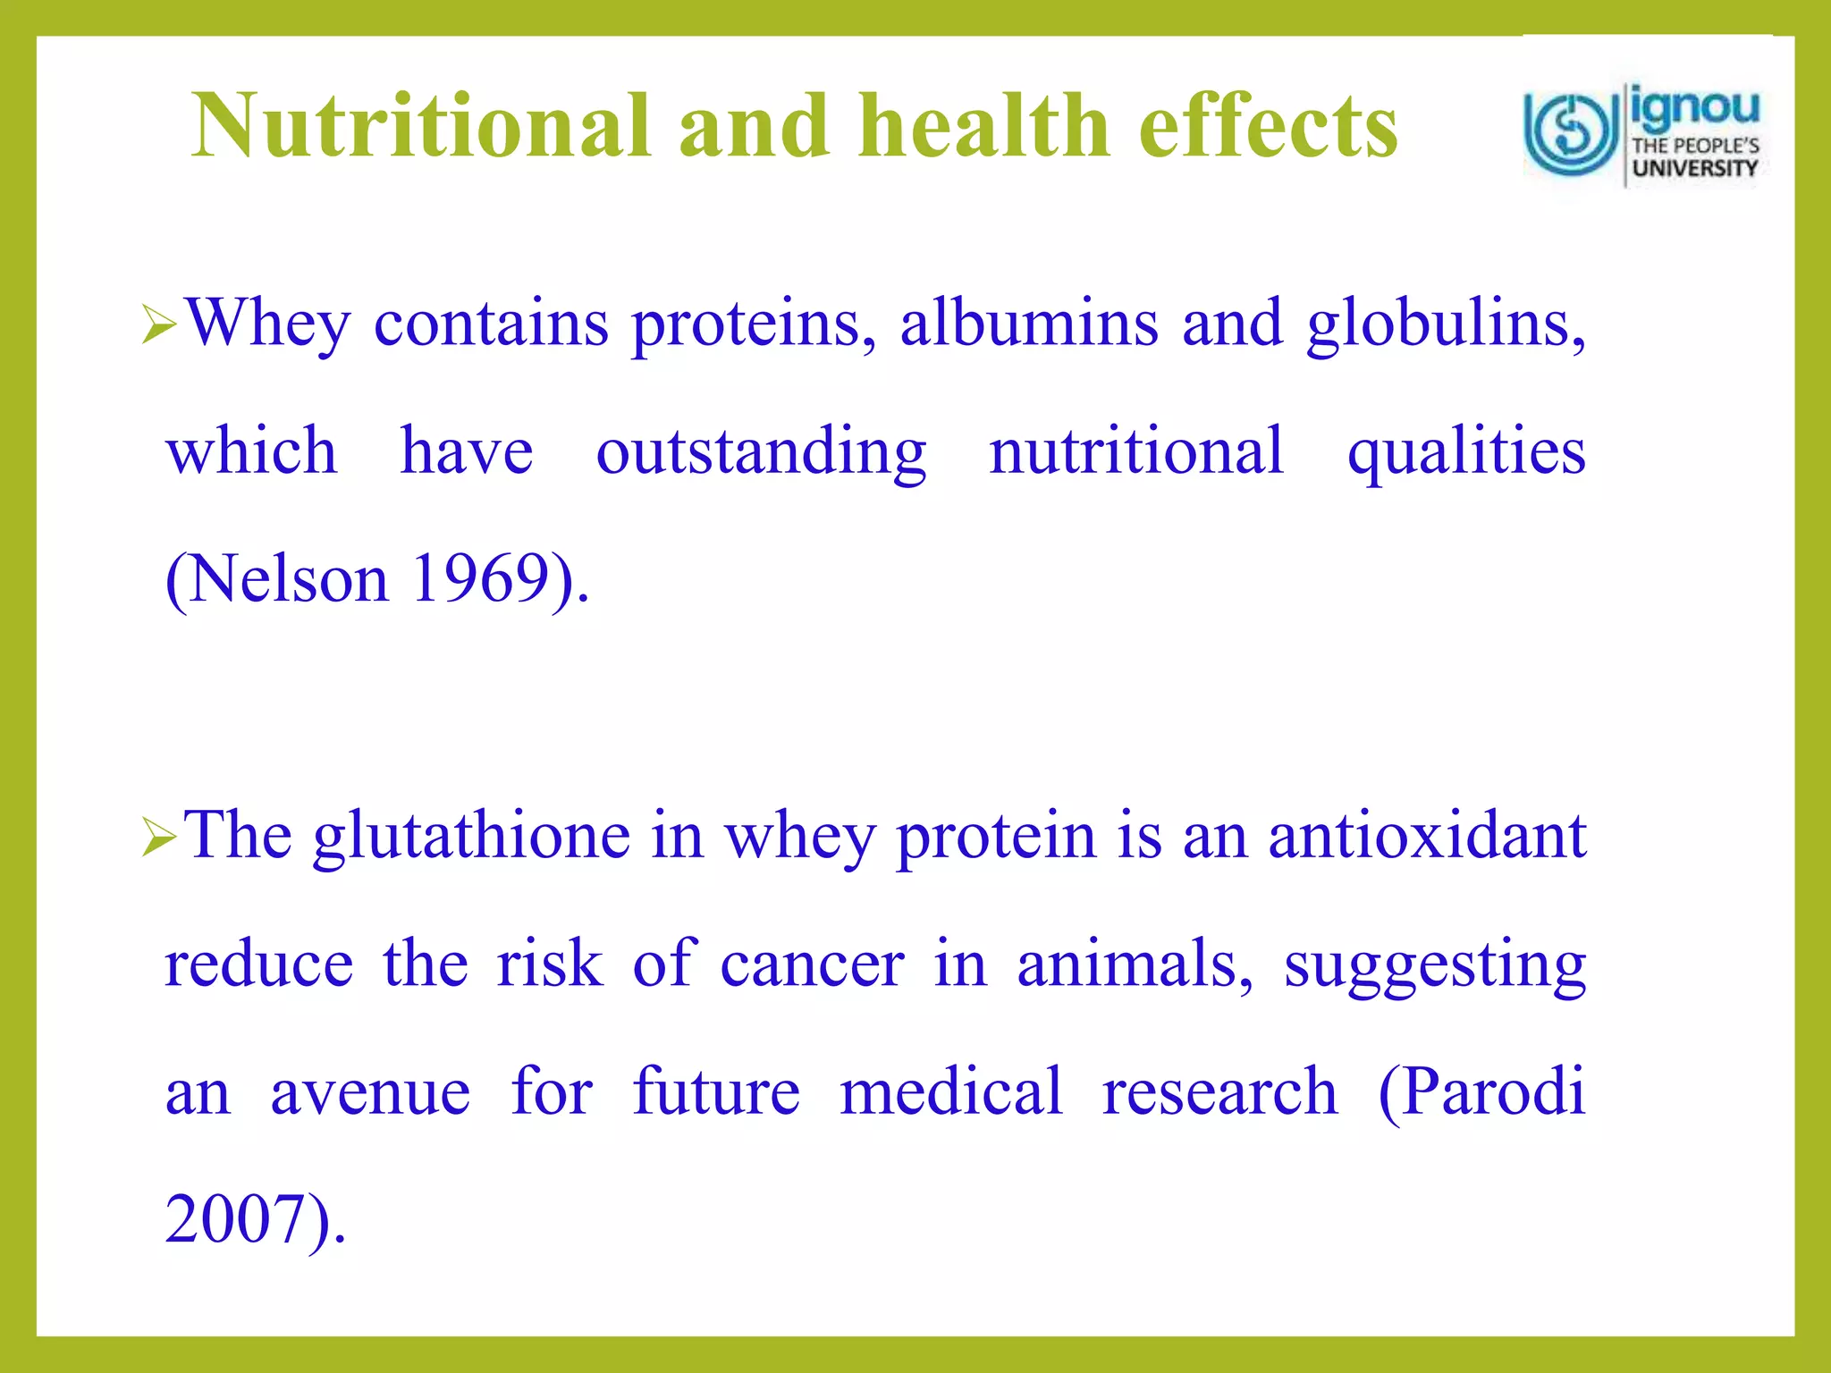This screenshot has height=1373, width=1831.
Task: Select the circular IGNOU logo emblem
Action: [x=1571, y=134]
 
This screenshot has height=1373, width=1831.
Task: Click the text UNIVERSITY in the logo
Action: [x=1694, y=168]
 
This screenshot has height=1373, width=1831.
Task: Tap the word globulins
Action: [x=1445, y=324]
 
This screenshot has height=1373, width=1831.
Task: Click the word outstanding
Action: [x=761, y=451]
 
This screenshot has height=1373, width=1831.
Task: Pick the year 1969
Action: [x=480, y=579]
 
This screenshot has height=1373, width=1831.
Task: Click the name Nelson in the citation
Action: [x=288, y=579]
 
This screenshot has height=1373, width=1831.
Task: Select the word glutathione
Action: [x=471, y=837]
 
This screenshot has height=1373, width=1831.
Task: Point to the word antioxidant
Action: [x=1427, y=835]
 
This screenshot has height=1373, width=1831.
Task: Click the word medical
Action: [x=951, y=1092]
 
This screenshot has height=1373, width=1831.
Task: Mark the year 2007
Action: [x=235, y=1220]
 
